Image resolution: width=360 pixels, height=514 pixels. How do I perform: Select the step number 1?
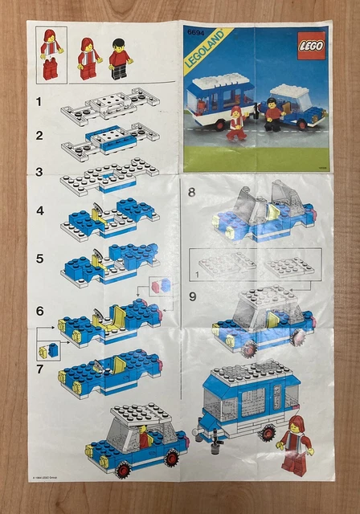coord(38,101)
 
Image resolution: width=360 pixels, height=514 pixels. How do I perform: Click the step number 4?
coord(39,210)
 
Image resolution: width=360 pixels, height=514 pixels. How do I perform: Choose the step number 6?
coord(39,308)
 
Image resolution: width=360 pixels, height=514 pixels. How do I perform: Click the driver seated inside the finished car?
coord(145,438)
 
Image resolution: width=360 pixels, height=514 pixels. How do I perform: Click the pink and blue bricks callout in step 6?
coord(159,285)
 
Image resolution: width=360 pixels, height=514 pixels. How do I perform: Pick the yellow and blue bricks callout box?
coord(48,350)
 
